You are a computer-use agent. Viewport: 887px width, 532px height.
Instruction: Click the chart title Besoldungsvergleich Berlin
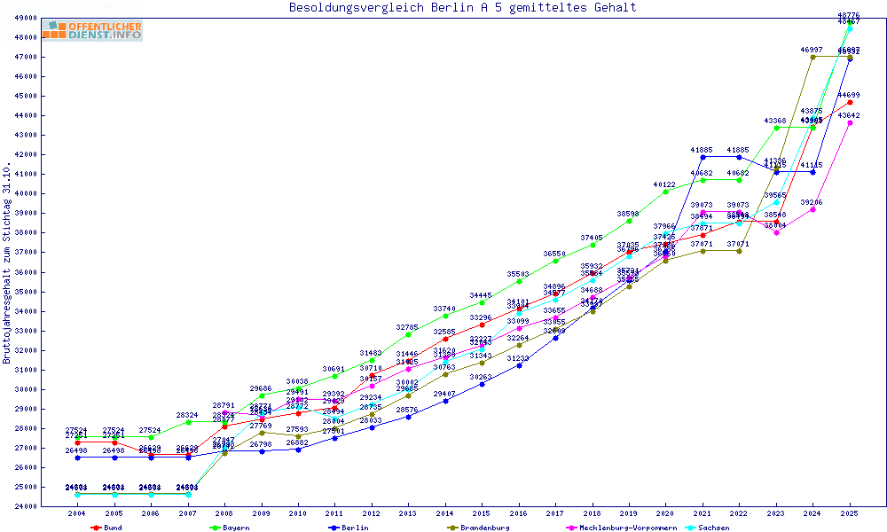point(462,8)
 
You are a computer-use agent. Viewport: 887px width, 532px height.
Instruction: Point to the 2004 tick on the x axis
point(77,513)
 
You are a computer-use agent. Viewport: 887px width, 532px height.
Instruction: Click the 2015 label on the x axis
point(482,513)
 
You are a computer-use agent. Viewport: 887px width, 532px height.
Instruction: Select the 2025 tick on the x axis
point(850,513)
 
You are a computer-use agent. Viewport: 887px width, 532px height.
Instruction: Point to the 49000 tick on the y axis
point(26,18)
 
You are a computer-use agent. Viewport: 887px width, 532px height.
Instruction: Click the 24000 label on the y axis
point(26,506)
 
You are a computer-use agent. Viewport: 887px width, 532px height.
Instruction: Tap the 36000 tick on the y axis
point(26,272)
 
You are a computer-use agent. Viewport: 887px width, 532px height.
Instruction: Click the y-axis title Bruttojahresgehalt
point(8,263)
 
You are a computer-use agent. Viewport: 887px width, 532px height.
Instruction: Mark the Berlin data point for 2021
point(703,157)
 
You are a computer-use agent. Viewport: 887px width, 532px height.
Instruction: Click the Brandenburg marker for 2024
point(812,57)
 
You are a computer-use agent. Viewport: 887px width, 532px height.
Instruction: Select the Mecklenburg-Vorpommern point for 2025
point(850,122)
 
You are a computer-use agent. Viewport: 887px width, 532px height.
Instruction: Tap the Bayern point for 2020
point(665,192)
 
